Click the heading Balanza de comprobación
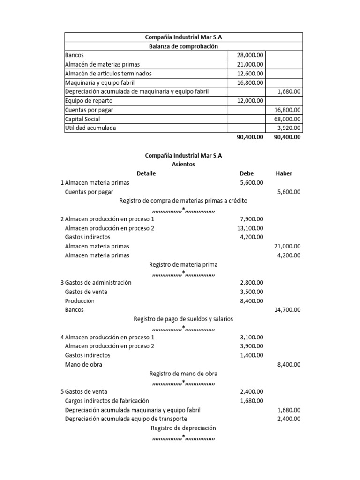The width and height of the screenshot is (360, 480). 183,46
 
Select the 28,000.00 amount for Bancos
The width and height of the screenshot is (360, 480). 250,55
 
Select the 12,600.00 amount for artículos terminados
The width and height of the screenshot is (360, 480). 250,74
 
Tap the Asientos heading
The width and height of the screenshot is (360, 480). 184,164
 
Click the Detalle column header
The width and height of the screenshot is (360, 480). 146,173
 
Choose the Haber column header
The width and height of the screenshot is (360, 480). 284,173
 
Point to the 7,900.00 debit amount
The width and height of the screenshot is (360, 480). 252,219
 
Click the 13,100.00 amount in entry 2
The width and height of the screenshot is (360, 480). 250,228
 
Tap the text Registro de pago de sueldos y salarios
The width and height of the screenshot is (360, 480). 183,319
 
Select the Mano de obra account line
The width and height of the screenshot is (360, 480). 83,364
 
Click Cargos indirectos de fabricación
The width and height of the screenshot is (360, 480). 107,401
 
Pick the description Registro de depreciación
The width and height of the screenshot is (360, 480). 183,428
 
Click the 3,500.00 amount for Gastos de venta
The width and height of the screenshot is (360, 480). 252,292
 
